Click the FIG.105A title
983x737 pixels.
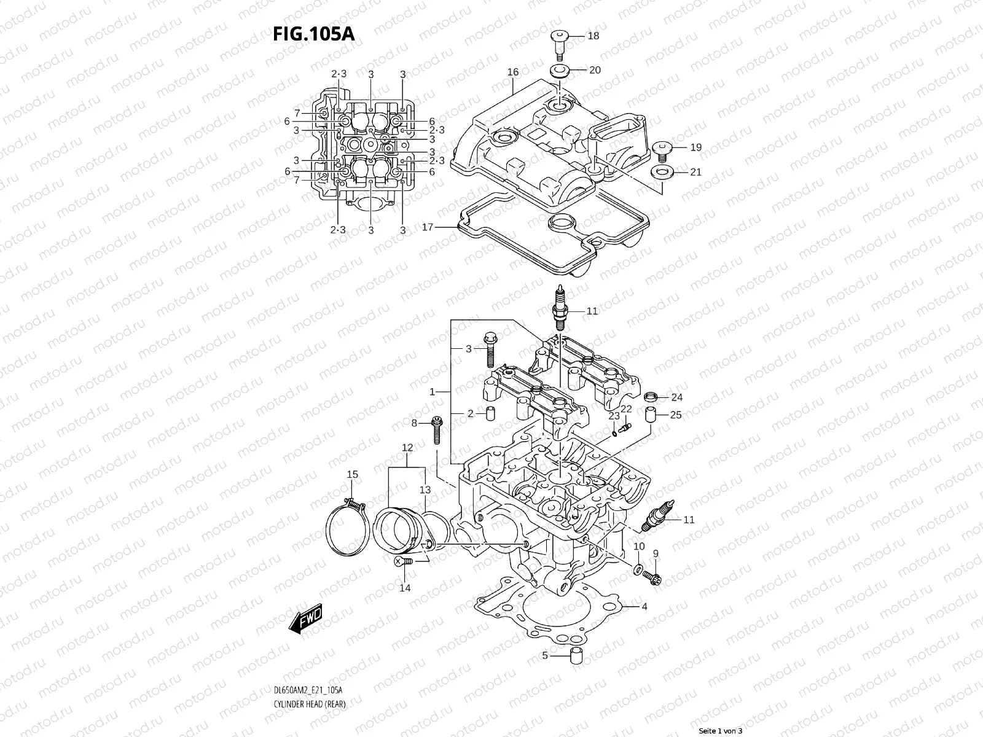click(x=313, y=34)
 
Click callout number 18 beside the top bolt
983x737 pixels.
click(x=593, y=36)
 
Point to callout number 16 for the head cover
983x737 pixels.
click(x=513, y=72)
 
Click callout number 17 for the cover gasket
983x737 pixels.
click(x=428, y=227)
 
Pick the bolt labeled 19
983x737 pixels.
click(x=662, y=148)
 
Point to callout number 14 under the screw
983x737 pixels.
click(x=405, y=588)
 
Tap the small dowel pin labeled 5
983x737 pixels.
click(x=576, y=656)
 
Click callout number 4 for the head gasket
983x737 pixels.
click(x=644, y=607)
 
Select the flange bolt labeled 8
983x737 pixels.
click(x=437, y=431)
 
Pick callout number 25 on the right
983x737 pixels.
click(x=676, y=415)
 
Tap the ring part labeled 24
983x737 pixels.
click(x=651, y=396)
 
